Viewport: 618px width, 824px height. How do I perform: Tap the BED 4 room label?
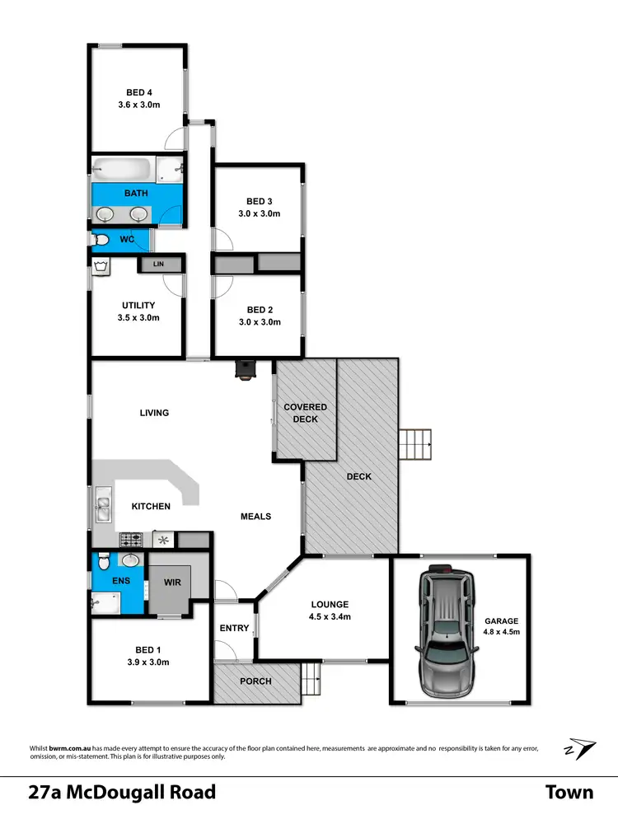coord(138,92)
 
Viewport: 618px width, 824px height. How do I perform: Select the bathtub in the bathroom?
coord(122,170)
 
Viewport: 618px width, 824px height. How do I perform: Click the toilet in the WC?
coord(101,240)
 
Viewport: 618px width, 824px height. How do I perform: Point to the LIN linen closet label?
coord(158,265)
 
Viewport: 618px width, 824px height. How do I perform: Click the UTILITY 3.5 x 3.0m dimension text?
coord(138,317)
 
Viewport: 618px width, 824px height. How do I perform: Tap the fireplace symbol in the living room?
coord(245,370)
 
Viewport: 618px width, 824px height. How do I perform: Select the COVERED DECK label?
coord(305,413)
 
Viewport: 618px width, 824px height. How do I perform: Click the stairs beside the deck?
coord(415,446)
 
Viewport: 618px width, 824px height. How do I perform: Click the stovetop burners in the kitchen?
coord(131,541)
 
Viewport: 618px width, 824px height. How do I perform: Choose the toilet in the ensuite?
coord(102,564)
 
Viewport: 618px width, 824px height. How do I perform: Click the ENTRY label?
coord(234,628)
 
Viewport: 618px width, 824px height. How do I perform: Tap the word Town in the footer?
coord(569,793)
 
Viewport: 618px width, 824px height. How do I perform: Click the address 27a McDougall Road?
coord(122,793)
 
